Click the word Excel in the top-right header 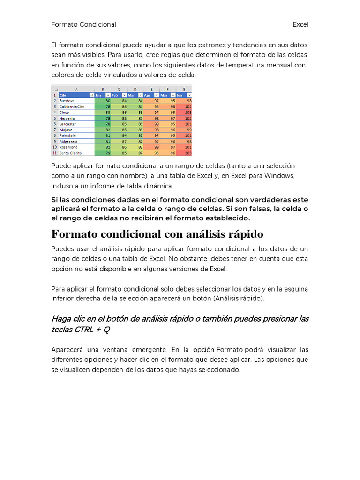[300, 24]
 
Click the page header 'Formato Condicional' [83, 24]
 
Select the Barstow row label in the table [67, 100]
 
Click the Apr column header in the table [148, 95]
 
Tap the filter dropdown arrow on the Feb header [124, 95]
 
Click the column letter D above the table [135, 89]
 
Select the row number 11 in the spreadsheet [54, 153]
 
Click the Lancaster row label [68, 124]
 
